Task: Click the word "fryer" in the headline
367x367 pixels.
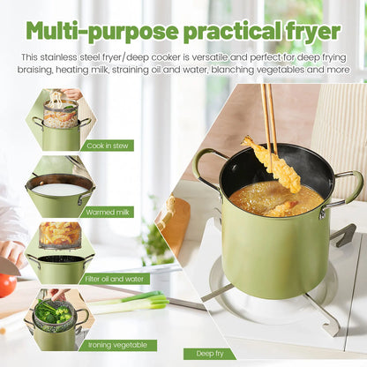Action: click(x=303, y=31)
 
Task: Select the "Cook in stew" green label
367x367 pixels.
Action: click(x=109, y=145)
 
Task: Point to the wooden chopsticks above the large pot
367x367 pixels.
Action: click(x=267, y=115)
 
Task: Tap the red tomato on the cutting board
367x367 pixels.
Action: click(x=7, y=285)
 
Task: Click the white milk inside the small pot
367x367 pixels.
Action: click(x=59, y=189)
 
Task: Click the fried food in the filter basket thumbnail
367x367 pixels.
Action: click(x=60, y=234)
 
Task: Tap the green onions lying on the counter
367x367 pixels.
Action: click(x=132, y=303)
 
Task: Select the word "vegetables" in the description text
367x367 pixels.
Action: click(x=270, y=69)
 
